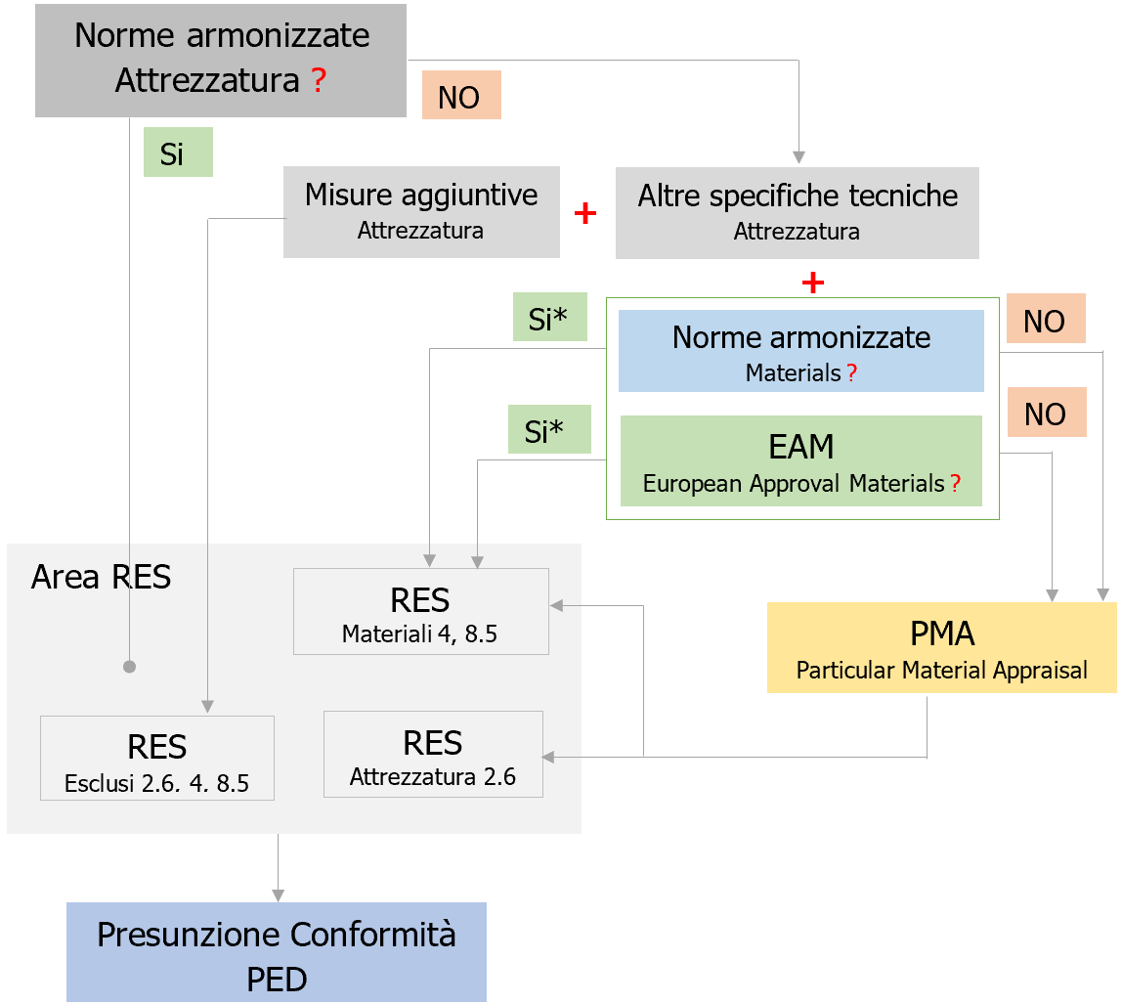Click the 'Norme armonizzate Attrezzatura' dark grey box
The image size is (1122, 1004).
click(220, 60)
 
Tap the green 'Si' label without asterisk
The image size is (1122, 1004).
click(178, 153)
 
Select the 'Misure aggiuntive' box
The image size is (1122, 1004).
click(421, 211)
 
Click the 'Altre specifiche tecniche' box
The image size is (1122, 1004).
click(797, 211)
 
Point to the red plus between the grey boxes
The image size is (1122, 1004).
click(585, 214)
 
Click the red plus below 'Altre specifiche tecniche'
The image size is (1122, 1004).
click(812, 284)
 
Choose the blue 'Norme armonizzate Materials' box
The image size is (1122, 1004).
click(800, 351)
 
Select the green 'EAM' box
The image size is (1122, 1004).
click(800, 460)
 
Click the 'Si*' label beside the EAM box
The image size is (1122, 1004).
click(548, 430)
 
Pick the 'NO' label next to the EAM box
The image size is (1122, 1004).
click(1045, 414)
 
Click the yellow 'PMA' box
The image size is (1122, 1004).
click(941, 647)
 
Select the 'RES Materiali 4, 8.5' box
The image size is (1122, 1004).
click(420, 612)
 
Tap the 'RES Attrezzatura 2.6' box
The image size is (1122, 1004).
click(432, 754)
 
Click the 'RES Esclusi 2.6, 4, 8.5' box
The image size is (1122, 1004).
click(156, 758)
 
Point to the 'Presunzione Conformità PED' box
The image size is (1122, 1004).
click(276, 952)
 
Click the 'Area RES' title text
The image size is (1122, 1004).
click(101, 578)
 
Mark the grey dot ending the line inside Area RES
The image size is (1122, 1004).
click(129, 667)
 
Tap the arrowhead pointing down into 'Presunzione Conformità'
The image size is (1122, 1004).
click(279, 895)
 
